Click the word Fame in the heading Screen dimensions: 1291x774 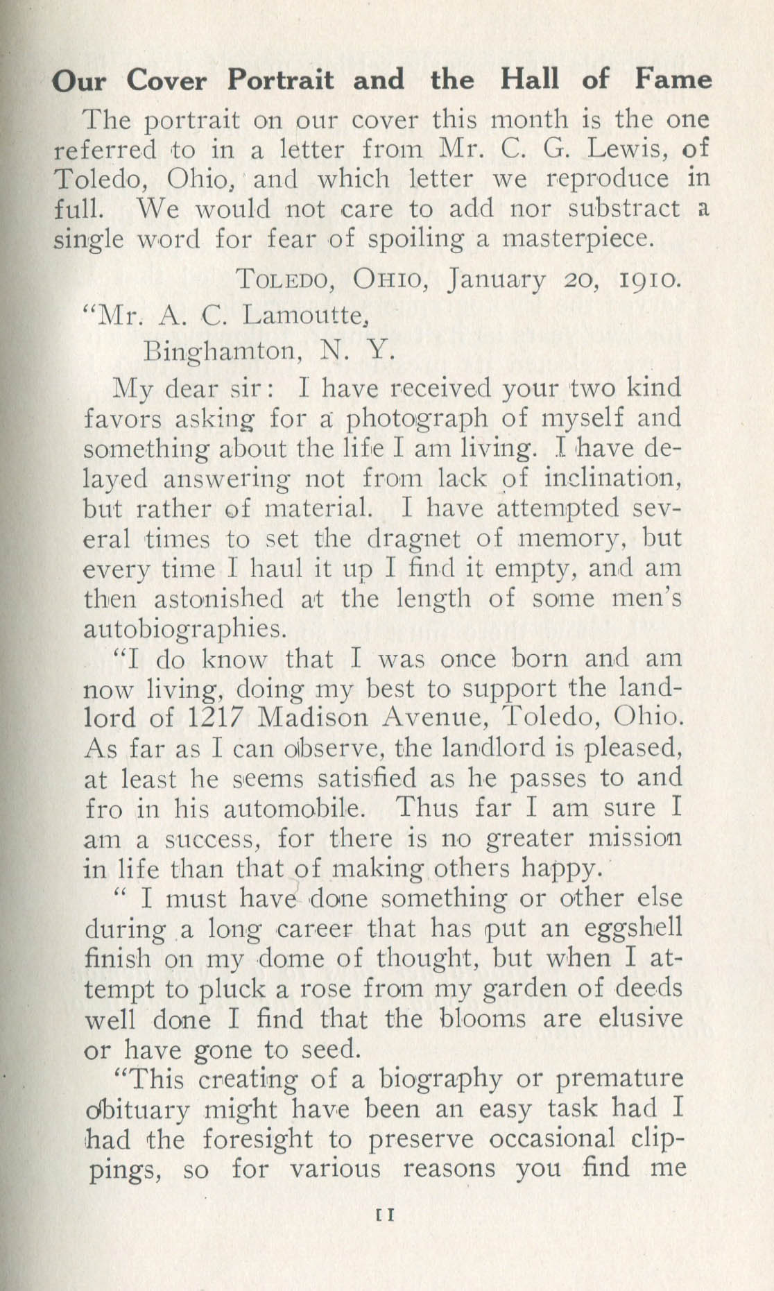click(x=673, y=80)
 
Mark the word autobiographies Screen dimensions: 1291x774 click(x=184, y=629)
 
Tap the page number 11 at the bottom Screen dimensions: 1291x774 click(x=384, y=1215)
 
